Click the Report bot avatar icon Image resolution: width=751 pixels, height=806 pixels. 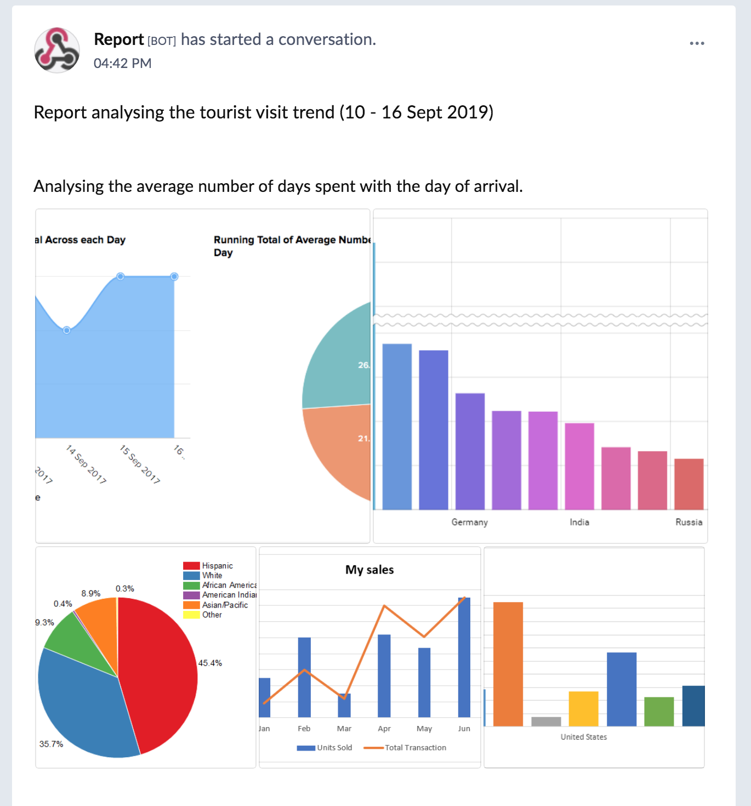tap(57, 50)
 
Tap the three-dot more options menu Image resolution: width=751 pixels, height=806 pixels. tap(697, 43)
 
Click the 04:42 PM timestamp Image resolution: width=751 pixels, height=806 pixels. tap(122, 64)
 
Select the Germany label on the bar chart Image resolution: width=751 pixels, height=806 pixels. tap(469, 522)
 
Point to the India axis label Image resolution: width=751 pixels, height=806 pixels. tap(579, 522)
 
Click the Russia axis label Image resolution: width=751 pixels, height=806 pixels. tap(689, 522)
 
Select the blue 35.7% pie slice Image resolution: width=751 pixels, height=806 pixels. tap(82, 707)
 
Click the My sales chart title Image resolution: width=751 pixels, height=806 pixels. tap(369, 570)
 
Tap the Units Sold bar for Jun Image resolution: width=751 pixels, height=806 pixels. tap(464, 658)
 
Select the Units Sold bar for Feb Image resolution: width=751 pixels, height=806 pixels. tap(304, 677)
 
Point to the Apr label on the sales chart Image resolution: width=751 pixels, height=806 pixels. tap(384, 729)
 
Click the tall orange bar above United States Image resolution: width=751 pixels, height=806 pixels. tap(508, 663)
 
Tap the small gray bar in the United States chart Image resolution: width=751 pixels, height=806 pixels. tap(546, 722)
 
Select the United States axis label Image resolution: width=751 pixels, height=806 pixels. tap(584, 737)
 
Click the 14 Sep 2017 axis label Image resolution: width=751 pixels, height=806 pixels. tap(86, 464)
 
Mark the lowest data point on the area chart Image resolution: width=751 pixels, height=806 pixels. tap(66, 330)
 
